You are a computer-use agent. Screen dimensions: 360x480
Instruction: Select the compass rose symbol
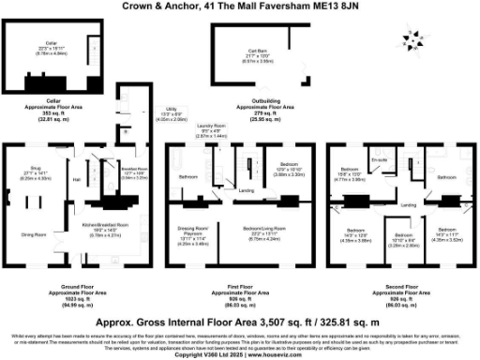click(x=412, y=39)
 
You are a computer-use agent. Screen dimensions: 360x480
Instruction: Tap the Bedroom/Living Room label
click(x=255, y=229)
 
